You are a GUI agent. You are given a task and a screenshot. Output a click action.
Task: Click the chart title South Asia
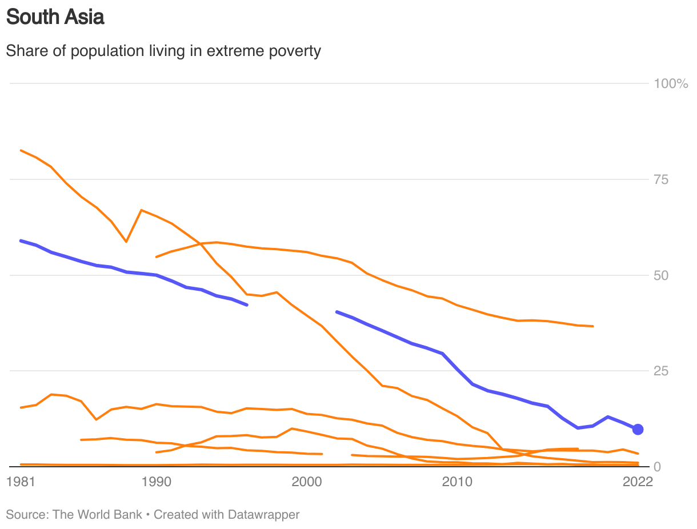click(55, 17)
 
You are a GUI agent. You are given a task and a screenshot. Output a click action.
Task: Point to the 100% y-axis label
click(671, 84)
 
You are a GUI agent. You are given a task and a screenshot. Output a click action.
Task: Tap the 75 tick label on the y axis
click(661, 180)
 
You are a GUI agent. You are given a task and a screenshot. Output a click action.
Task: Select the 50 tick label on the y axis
click(661, 275)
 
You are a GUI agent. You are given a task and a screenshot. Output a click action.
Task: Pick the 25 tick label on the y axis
click(661, 371)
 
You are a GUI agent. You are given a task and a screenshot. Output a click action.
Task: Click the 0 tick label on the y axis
click(658, 467)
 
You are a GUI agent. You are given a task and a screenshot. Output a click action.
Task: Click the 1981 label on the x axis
click(21, 482)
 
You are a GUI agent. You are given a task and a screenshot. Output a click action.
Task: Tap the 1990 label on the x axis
click(156, 482)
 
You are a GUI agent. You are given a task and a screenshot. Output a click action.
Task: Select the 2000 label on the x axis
click(307, 482)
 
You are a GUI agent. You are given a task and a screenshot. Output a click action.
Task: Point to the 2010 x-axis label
click(458, 482)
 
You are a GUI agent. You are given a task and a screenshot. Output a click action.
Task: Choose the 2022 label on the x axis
click(638, 482)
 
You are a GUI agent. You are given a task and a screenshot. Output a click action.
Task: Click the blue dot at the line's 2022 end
click(638, 429)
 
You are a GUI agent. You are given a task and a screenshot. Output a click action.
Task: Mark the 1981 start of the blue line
click(21, 241)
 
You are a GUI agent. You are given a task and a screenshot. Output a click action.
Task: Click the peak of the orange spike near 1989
click(141, 210)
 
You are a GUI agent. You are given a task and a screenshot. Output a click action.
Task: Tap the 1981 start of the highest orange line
click(21, 150)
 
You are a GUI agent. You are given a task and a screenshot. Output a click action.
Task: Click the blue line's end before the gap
click(246, 305)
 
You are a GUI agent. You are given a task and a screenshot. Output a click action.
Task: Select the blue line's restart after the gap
click(337, 312)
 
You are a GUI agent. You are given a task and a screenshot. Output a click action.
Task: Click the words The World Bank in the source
click(97, 515)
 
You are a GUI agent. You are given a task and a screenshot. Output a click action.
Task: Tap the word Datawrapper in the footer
click(263, 515)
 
